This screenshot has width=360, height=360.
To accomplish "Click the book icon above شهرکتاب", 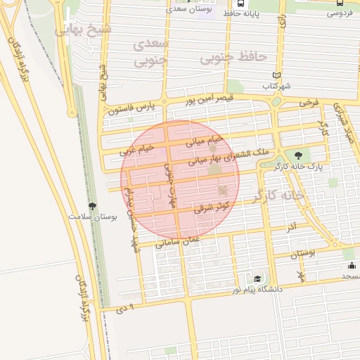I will pos(276,75).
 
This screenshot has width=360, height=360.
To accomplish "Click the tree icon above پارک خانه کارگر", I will pos(299,155).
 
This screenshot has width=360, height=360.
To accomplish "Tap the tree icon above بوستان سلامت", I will pos(92,206).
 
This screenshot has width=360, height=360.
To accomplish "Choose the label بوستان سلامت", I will pos(92,217).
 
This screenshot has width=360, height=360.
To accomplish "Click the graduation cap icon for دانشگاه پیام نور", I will pos(257,279).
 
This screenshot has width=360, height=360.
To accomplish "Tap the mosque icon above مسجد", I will pos(352,265).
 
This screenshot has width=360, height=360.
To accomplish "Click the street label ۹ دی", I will pos(123,306).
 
